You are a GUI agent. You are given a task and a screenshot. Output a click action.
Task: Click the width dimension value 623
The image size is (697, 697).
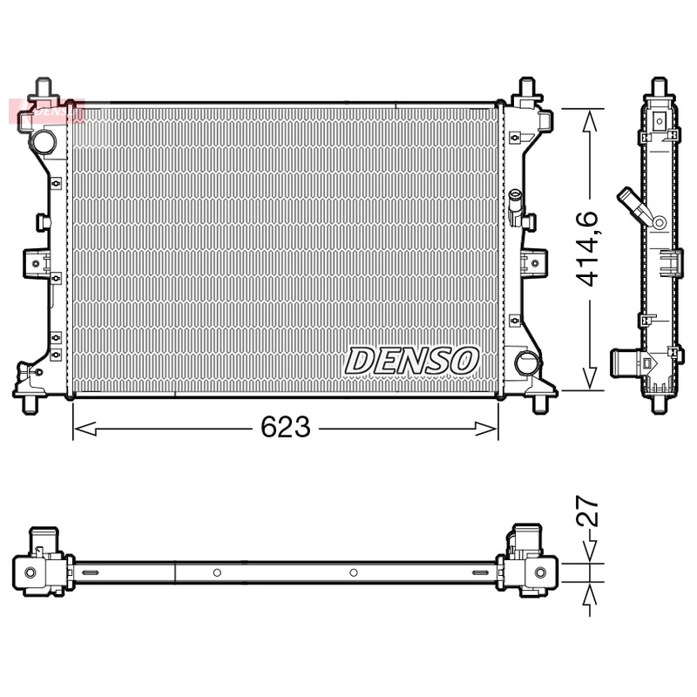tap(286, 427)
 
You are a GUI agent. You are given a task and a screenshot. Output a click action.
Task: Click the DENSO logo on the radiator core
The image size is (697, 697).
tap(412, 359)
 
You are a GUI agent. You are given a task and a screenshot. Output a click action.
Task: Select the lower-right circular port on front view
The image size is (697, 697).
tap(525, 362)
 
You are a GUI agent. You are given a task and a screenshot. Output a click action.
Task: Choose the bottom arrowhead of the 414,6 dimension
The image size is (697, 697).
tap(591, 383)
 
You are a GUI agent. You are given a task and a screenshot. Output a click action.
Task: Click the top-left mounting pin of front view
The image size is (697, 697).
tap(44, 88)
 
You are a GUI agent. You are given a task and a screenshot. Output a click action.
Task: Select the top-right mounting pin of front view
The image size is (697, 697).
tap(526, 88)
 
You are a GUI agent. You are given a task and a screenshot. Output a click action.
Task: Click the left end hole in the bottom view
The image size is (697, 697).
tap(31, 572)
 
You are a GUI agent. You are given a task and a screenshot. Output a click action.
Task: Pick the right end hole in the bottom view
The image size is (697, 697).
tap(540, 572)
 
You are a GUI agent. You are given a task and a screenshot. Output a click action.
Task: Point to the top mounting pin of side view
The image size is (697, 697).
tap(659, 87)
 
